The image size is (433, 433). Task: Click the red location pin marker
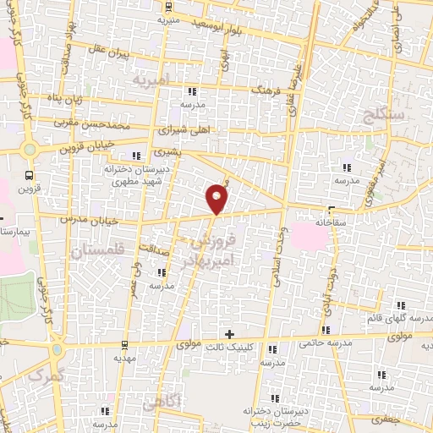click(217, 198)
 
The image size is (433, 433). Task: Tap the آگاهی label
click(162, 405)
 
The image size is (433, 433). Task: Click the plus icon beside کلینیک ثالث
click(229, 334)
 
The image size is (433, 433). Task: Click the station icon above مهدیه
click(124, 344)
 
